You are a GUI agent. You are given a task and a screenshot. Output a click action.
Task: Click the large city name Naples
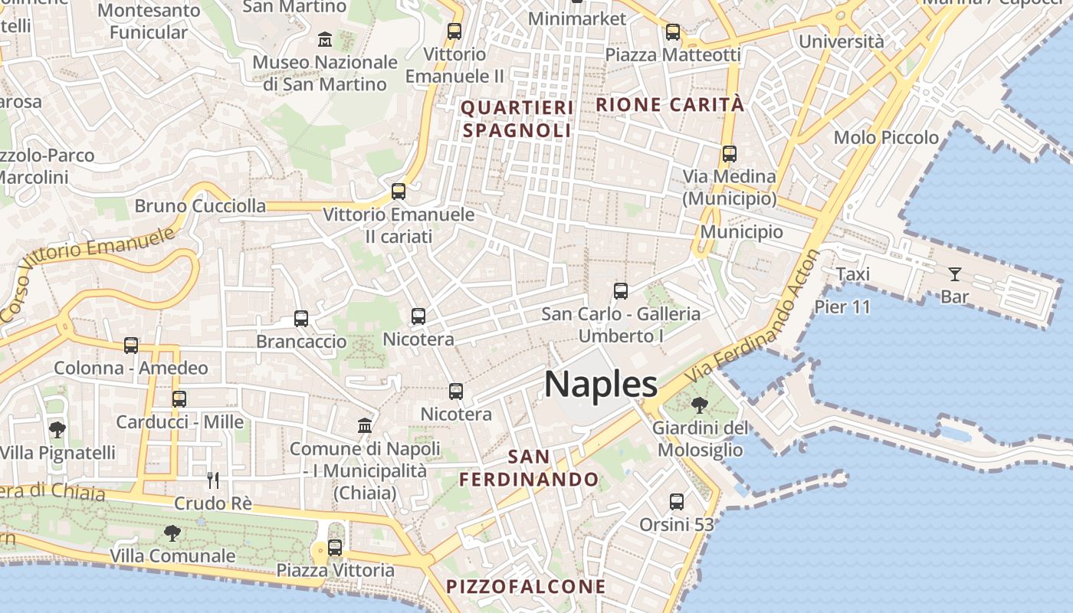point(601,384)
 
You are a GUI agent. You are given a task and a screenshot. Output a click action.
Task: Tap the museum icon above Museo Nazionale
point(325,39)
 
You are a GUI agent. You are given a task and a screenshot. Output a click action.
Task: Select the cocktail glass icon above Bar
point(954,274)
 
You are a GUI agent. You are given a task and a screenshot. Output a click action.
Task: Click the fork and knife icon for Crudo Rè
point(213,480)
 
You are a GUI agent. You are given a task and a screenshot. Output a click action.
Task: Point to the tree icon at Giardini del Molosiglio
point(699,405)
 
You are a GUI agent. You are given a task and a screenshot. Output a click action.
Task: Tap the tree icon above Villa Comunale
point(172,533)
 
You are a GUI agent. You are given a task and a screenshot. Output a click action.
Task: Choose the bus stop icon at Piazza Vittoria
point(335,548)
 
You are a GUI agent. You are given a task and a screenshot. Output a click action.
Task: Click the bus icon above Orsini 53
point(676,502)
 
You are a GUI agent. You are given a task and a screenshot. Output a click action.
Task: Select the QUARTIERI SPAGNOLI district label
point(517,119)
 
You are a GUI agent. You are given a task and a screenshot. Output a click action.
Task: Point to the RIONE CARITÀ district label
point(670,104)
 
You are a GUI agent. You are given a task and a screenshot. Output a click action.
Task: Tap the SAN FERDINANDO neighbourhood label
point(529,468)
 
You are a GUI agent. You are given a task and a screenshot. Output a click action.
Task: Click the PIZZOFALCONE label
point(526,587)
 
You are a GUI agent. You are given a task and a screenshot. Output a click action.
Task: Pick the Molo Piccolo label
point(886,138)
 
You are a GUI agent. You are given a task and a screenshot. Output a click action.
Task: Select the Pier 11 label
point(842,307)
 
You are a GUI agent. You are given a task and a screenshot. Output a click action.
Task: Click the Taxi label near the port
point(852,274)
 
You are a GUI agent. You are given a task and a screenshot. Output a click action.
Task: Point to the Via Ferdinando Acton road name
point(755,316)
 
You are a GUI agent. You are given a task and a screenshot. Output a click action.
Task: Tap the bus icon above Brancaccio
point(301,319)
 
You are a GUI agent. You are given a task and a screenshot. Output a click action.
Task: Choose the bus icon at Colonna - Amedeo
point(131,346)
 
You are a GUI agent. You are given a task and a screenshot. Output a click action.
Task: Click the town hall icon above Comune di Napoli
point(365,425)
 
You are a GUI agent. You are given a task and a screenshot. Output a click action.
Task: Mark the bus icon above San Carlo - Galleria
point(621,291)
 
